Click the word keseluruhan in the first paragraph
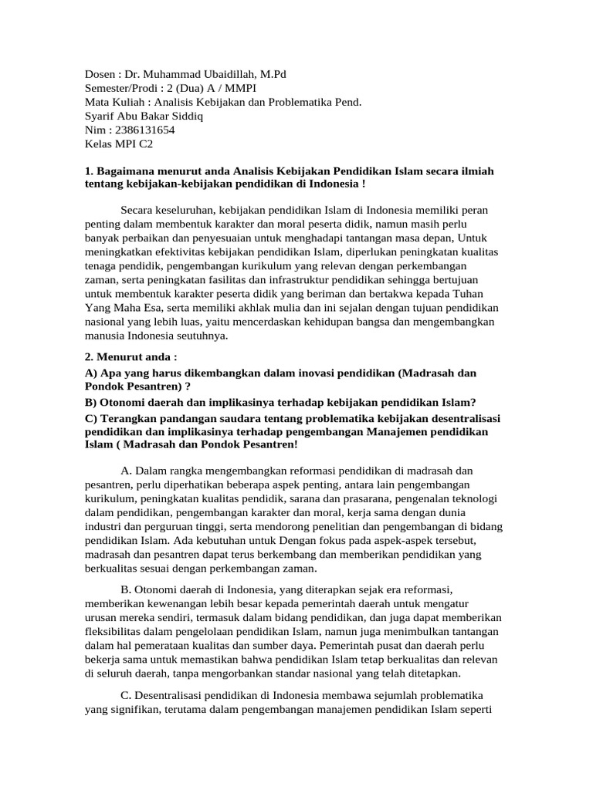[x=182, y=210]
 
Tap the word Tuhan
[x=479, y=294]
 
